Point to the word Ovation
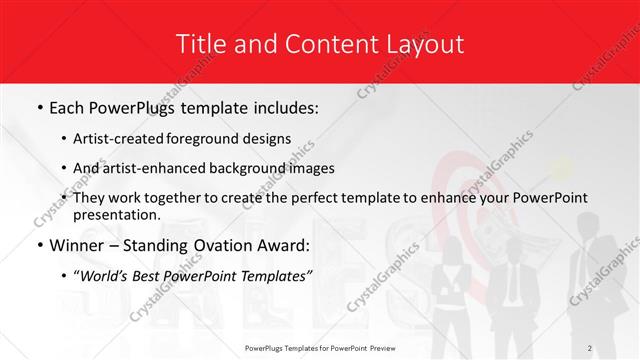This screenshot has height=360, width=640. click(x=222, y=246)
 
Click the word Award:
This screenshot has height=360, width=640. click(x=286, y=246)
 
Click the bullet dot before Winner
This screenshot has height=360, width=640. click(x=38, y=246)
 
